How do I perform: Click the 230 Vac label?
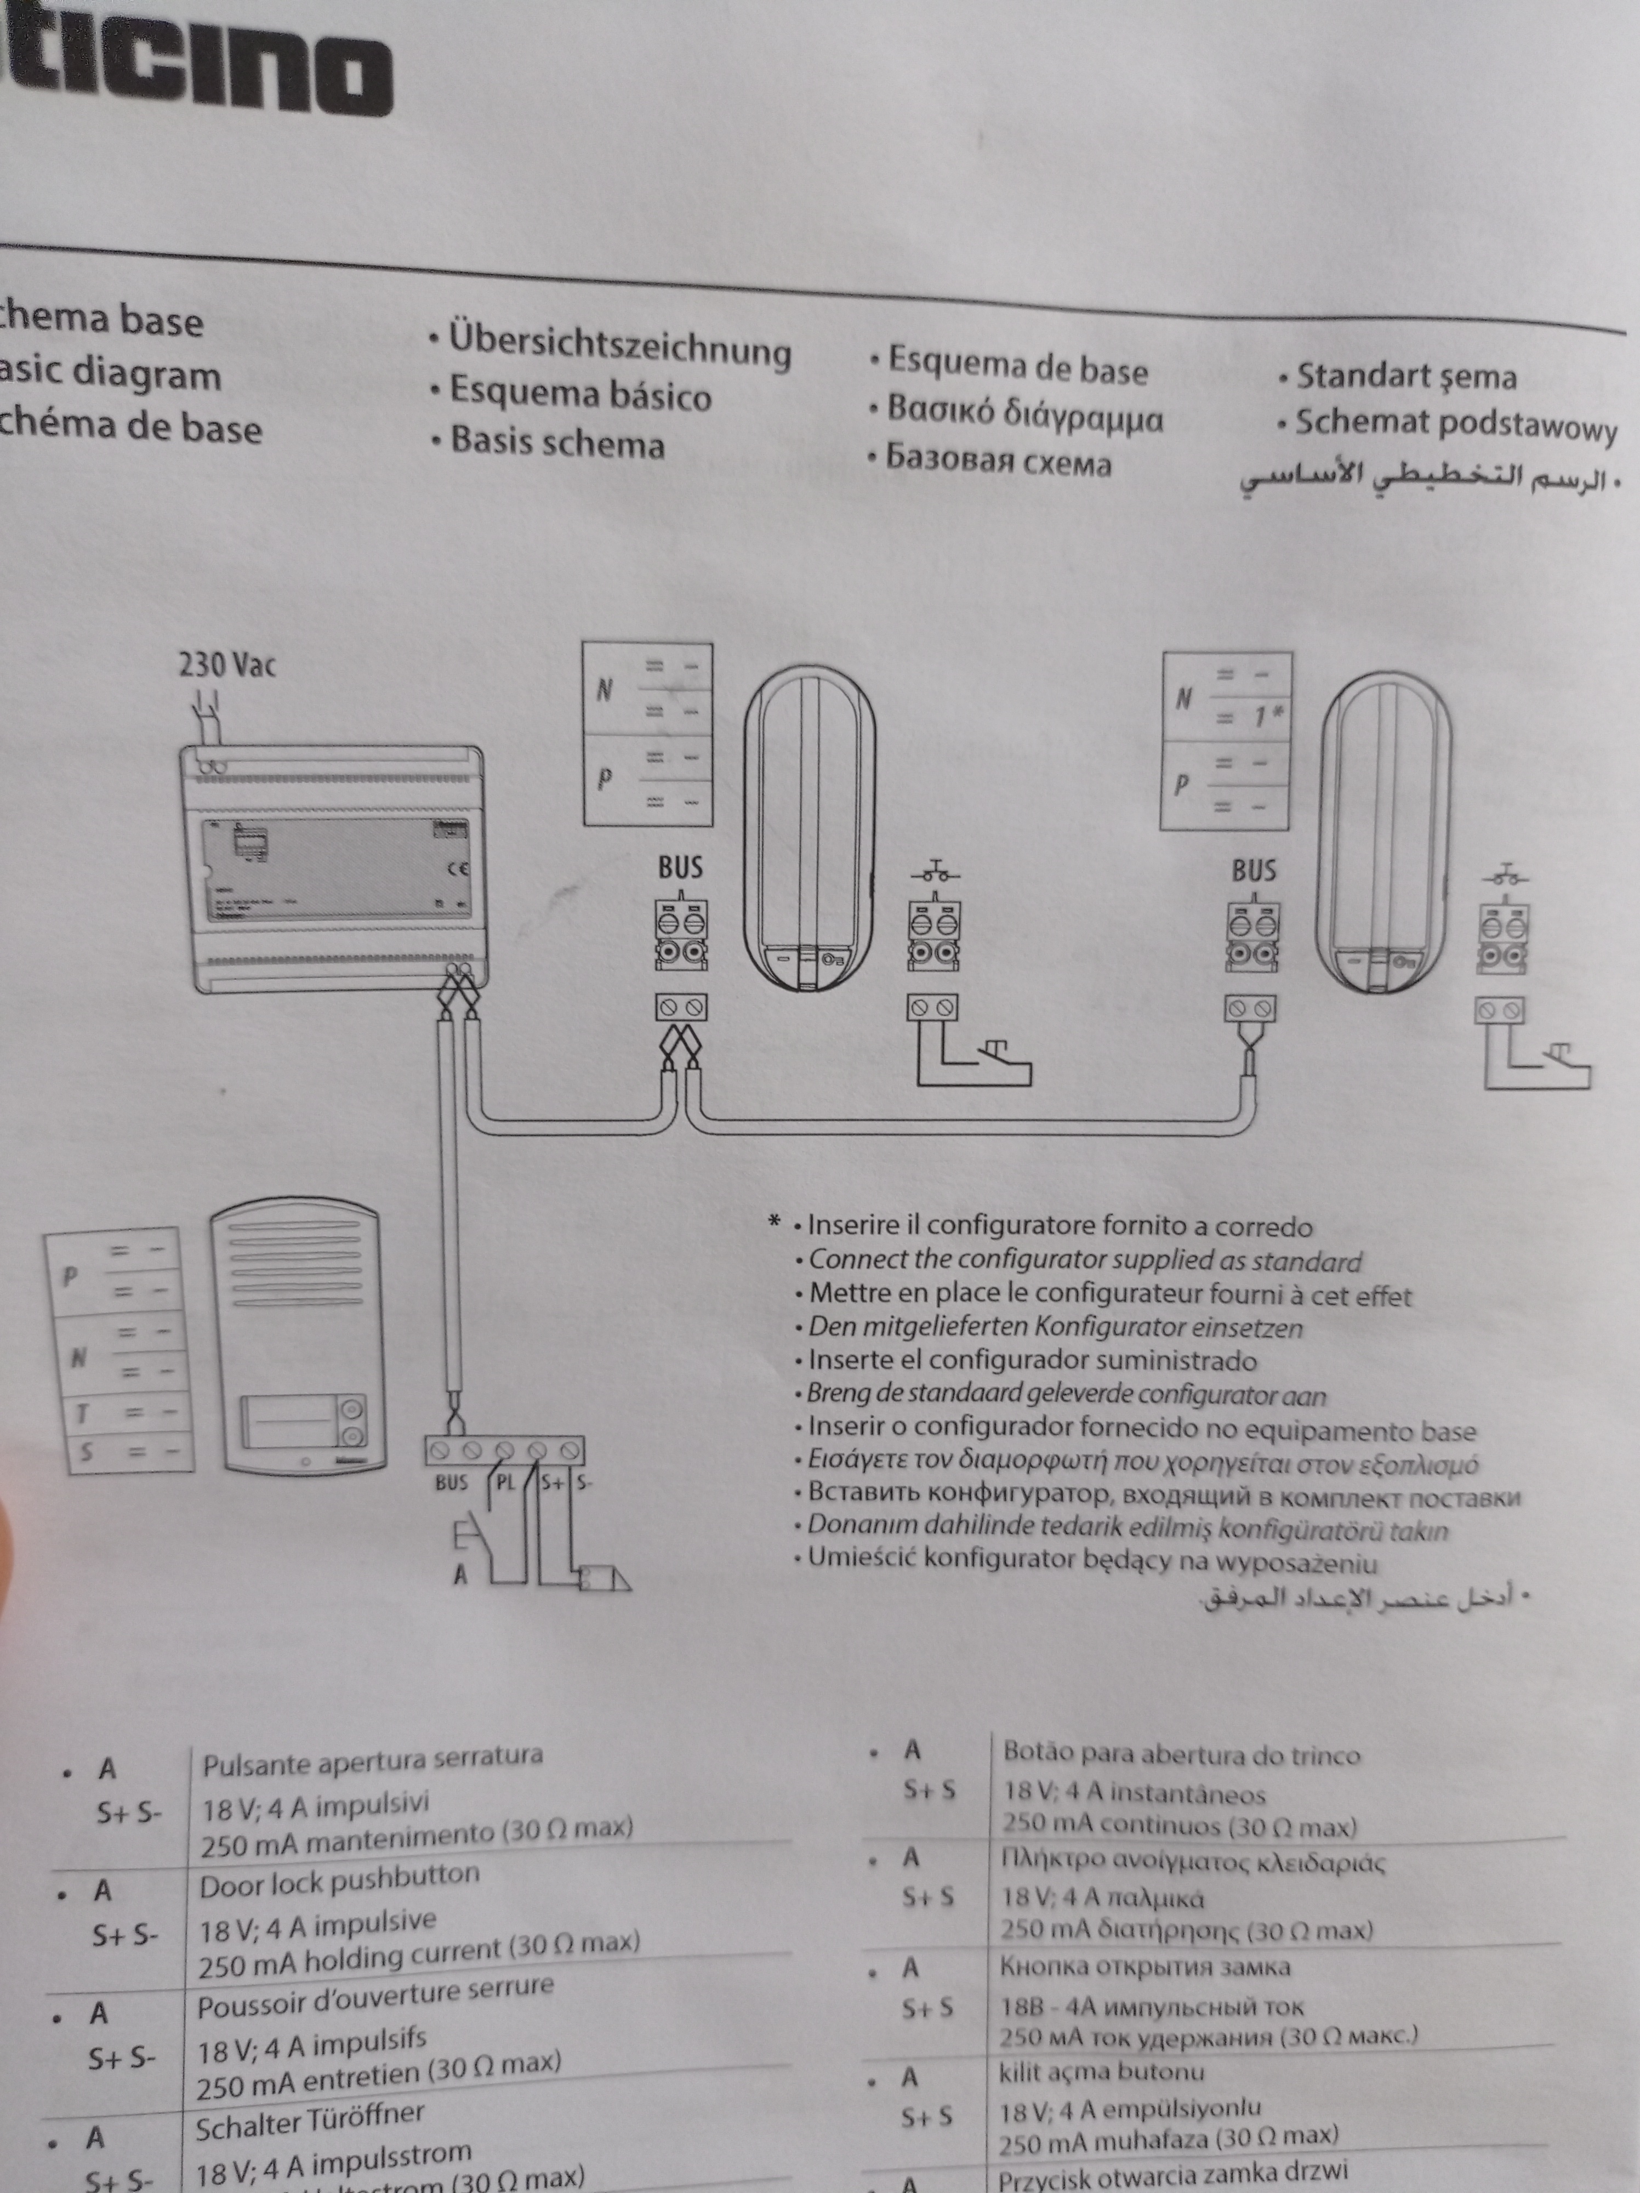click(x=227, y=665)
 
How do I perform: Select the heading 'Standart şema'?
click(x=1406, y=377)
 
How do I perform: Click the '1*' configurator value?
click(x=1266, y=716)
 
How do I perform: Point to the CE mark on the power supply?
click(x=458, y=870)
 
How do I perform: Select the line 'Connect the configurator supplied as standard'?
click(x=1085, y=1261)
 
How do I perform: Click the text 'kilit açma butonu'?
click(x=1101, y=2072)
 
